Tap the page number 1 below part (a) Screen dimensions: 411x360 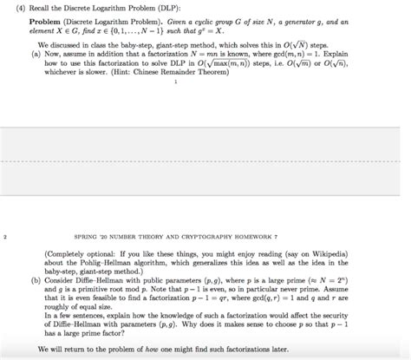pyautogui.click(x=175, y=83)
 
